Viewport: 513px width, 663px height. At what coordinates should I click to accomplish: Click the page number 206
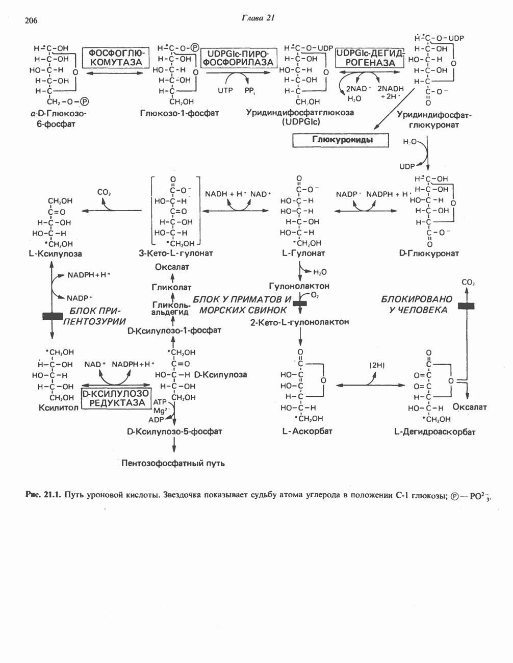click(x=31, y=20)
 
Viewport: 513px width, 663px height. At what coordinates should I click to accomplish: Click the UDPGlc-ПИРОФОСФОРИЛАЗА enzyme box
click(x=238, y=58)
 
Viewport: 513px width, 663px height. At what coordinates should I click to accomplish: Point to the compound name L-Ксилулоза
click(x=56, y=253)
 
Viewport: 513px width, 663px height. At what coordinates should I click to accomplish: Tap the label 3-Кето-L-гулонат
click(x=175, y=253)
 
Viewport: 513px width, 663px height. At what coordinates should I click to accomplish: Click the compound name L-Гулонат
click(x=303, y=253)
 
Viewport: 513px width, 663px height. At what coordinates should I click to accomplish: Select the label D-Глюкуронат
click(x=429, y=253)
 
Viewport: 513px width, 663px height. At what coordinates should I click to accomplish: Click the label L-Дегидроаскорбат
click(x=435, y=432)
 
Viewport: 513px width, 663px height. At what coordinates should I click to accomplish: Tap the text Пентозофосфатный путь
click(x=173, y=463)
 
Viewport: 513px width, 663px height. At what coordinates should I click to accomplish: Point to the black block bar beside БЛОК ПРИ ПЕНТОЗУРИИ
click(x=52, y=316)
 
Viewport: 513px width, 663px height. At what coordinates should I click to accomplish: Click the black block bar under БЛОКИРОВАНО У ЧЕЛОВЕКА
click(x=466, y=306)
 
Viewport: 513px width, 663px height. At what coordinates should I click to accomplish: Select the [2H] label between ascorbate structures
click(x=377, y=365)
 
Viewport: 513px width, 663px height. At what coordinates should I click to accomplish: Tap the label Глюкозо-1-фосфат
click(x=179, y=113)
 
